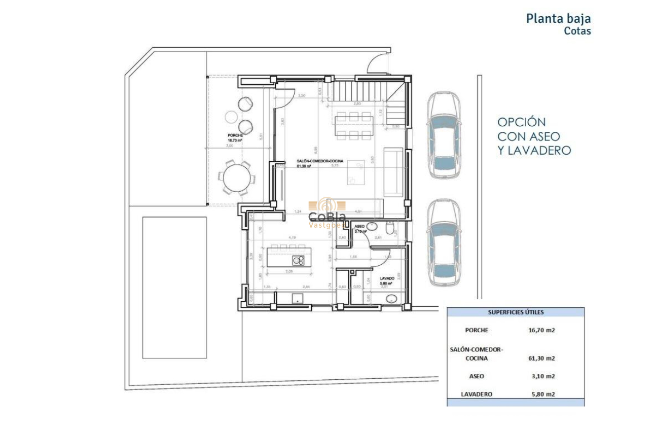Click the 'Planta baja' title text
click(x=558, y=19)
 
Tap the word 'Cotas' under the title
click(x=577, y=31)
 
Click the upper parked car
click(x=444, y=135)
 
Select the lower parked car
click(x=444, y=243)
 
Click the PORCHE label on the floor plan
click(x=235, y=136)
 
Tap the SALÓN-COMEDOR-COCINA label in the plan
click(x=320, y=161)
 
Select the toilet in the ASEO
click(x=390, y=229)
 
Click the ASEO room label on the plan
click(x=360, y=226)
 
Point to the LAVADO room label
click(x=388, y=278)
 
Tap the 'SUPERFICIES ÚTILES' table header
click(x=516, y=312)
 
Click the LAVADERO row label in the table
click(x=477, y=394)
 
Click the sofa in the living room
click(x=393, y=171)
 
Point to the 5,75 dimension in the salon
click(x=334, y=165)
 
